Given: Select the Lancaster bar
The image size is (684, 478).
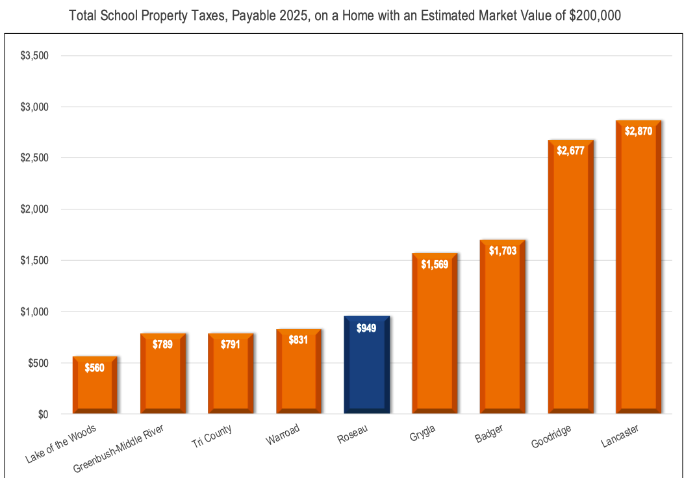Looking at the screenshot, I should pos(638,273).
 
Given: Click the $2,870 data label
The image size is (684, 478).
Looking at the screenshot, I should pos(638,131).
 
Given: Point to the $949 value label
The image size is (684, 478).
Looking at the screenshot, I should pos(366,328).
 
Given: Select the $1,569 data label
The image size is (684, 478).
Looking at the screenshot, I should pos(435,264).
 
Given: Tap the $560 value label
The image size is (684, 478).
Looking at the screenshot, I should pos(95,367).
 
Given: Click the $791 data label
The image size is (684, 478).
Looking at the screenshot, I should pos(231,344).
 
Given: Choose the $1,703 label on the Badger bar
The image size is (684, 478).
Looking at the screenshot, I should pos(502,250).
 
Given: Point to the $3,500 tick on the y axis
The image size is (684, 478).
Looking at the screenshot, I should pos(34,56).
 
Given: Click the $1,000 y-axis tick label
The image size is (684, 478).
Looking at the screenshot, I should pos(34,312).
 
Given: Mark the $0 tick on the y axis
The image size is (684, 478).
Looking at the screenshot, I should pos(44,414).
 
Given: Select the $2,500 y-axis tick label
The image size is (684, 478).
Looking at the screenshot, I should pos(34,158).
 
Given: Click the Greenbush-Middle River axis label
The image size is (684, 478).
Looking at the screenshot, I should pos(119,449).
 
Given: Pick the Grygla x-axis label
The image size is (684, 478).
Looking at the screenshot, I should pos(423,432).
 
